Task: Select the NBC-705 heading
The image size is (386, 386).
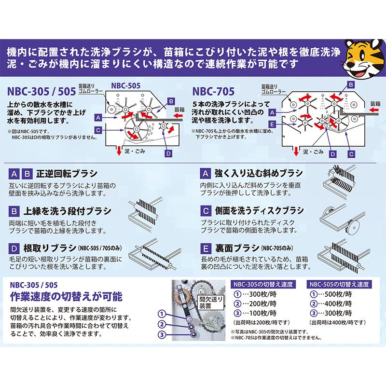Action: (213, 91)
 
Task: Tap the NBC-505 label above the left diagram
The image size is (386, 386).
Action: (126, 84)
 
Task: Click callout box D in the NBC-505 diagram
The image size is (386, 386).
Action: (168, 153)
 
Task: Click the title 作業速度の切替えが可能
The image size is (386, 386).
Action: (67, 295)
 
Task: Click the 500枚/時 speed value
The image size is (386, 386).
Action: (340, 294)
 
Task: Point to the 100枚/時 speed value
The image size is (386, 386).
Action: (261, 314)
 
